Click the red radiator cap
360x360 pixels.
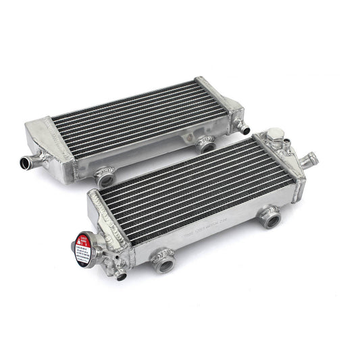83,242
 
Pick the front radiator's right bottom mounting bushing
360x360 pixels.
270,218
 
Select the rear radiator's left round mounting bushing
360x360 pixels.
105,179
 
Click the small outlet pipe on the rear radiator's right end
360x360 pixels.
244,128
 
